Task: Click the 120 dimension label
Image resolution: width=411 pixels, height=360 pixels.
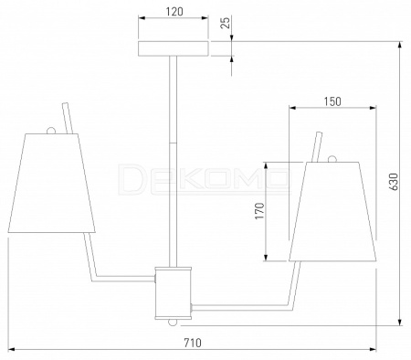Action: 175,12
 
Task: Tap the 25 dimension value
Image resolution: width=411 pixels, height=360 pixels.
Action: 226,23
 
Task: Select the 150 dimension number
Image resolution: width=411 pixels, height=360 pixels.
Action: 332,101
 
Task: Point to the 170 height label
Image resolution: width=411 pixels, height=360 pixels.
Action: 259,211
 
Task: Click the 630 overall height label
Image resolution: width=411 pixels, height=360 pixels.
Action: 394,182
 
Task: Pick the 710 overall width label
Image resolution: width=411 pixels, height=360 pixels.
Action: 193,343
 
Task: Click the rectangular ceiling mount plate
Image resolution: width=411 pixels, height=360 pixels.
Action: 174,48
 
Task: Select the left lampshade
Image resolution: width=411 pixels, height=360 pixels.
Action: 51,183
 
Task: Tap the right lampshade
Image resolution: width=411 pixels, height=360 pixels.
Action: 332,211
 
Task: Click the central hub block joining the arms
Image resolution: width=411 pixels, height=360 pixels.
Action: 174,293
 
